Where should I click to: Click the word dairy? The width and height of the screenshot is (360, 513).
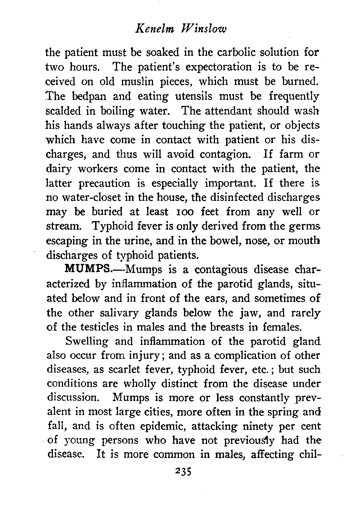point(59,169)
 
